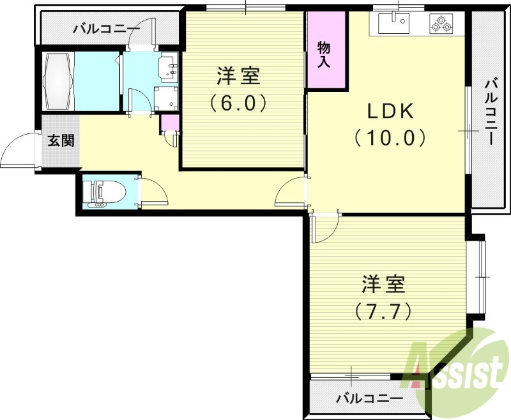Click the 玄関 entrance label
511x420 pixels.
tap(61, 140)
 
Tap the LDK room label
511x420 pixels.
tap(391, 111)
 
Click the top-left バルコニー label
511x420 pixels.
tap(106, 28)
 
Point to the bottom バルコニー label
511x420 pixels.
tap(370, 398)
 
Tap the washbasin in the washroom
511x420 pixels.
tap(169, 68)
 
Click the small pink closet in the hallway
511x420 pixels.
tap(169, 121)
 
